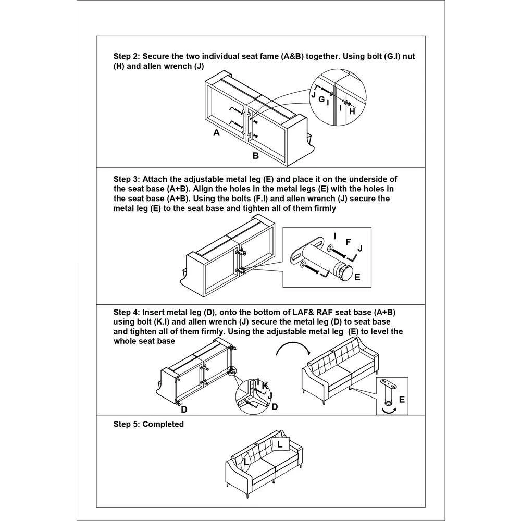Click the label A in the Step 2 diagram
(x=216, y=133)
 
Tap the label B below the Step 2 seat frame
(x=255, y=156)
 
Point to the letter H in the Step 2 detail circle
(x=352, y=111)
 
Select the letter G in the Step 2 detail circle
(x=321, y=98)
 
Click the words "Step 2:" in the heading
(x=127, y=56)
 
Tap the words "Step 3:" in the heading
(x=127, y=179)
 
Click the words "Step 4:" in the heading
(x=127, y=312)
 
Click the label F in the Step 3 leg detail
(x=348, y=242)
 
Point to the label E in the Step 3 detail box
(x=357, y=277)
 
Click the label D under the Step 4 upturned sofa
(x=184, y=410)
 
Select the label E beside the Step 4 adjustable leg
(x=401, y=400)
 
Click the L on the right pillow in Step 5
(x=280, y=444)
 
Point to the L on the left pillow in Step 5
(x=246, y=462)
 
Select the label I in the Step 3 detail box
(x=334, y=236)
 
